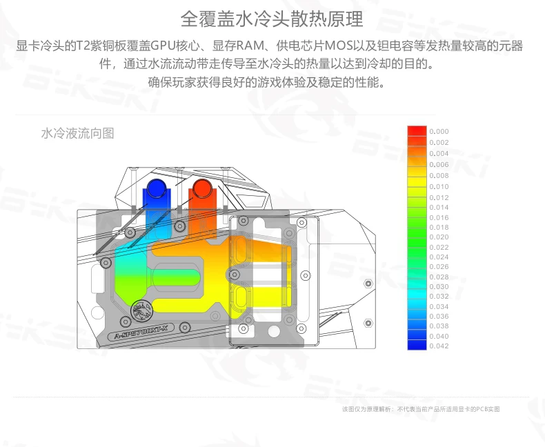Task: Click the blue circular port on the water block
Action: [155, 188]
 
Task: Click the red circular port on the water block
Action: [202, 188]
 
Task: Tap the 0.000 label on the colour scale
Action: [439, 131]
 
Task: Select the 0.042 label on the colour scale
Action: [439, 346]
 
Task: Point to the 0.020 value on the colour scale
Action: [439, 237]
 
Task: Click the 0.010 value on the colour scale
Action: [439, 187]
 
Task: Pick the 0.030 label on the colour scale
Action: [439, 286]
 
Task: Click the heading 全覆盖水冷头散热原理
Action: [271, 19]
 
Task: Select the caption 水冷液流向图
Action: [77, 133]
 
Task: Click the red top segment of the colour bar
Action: [417, 130]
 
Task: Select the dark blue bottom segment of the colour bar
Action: [417, 345]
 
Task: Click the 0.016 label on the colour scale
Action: [439, 217]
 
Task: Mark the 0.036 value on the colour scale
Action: [439, 316]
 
